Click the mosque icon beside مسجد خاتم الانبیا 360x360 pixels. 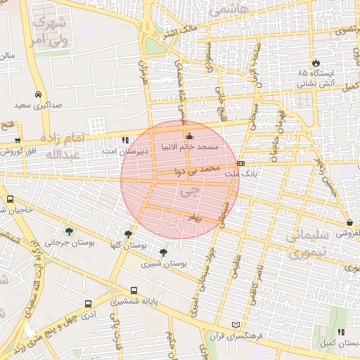tap(188, 136)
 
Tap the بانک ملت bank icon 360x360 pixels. tap(241, 163)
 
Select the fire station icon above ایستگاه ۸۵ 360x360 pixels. tap(316, 63)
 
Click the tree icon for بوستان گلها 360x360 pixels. tap(127, 235)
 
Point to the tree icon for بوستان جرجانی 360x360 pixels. tap(68, 231)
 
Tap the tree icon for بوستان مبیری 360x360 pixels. tap(164, 252)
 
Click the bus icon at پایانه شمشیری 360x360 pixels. tap(134, 290)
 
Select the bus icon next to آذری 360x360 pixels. tap(87, 304)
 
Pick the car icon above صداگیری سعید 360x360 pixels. tap(37, 95)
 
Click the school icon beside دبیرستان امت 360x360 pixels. tap(125, 140)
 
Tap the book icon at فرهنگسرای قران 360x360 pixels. tap(236, 325)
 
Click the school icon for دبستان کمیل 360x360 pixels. tap(341, 332)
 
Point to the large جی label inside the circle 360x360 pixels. tap(186, 191)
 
